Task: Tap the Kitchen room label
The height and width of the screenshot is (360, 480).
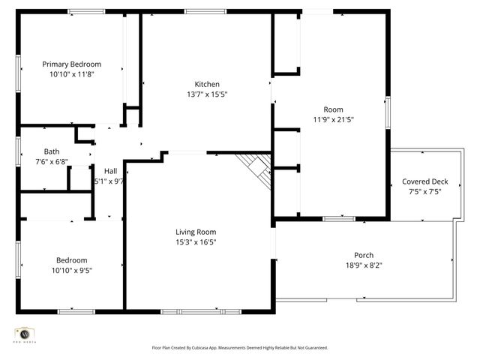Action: pyautogui.click(x=207, y=84)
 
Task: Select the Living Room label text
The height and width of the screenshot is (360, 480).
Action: pyautogui.click(x=196, y=232)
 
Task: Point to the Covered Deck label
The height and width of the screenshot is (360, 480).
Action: pyautogui.click(x=424, y=181)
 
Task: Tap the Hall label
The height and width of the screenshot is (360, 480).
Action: pyautogui.click(x=110, y=171)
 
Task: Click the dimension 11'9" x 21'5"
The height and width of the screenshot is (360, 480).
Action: pyautogui.click(x=333, y=119)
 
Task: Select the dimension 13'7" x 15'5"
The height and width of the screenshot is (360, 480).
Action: pyautogui.click(x=206, y=94)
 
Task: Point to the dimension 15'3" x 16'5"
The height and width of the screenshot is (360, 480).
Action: pyautogui.click(x=196, y=242)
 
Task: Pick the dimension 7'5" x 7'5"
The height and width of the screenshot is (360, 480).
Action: pyautogui.click(x=424, y=191)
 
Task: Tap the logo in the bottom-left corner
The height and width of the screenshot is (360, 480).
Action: pyautogui.click(x=25, y=335)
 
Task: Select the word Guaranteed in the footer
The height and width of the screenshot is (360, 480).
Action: pyautogui.click(x=312, y=348)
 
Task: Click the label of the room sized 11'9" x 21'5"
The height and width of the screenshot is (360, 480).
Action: pyautogui.click(x=333, y=109)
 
